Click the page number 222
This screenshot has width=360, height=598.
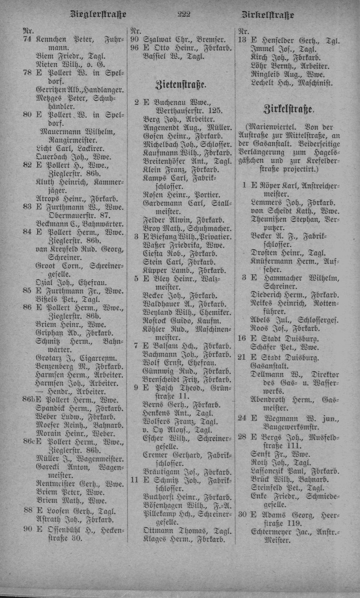click(185, 15)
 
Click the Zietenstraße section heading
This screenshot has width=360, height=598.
click(181, 85)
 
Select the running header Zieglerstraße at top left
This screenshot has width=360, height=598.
click(99, 15)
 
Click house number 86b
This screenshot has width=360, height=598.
click(29, 400)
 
